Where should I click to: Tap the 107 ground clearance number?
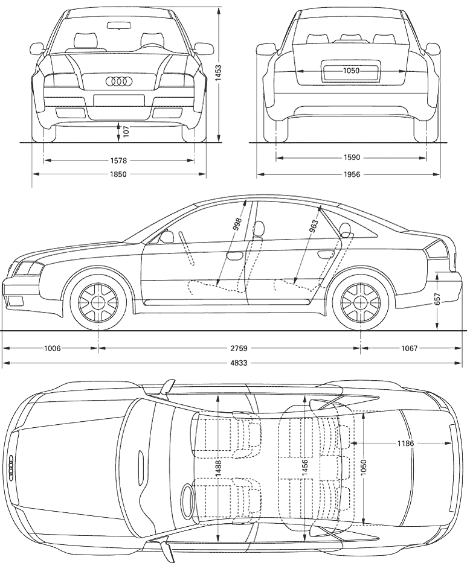coord(126,132)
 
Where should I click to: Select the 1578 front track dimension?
coord(118,161)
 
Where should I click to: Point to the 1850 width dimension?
coord(118,174)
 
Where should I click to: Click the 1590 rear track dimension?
coord(351,157)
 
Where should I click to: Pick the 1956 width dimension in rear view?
coord(351,174)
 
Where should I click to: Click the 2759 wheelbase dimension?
coord(239,348)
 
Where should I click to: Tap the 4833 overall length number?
coord(239,363)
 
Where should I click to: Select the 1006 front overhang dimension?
coord(53,348)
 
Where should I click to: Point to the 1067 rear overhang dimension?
coord(409,348)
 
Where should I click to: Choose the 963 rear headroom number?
coord(314,227)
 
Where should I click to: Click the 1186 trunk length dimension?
coord(405,444)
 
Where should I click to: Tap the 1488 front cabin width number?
coord(219,468)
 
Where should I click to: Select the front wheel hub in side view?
coord(98,302)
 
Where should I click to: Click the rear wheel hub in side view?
coord(361,302)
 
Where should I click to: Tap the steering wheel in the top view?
coord(187,501)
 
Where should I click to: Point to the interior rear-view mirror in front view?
coord(118,25)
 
